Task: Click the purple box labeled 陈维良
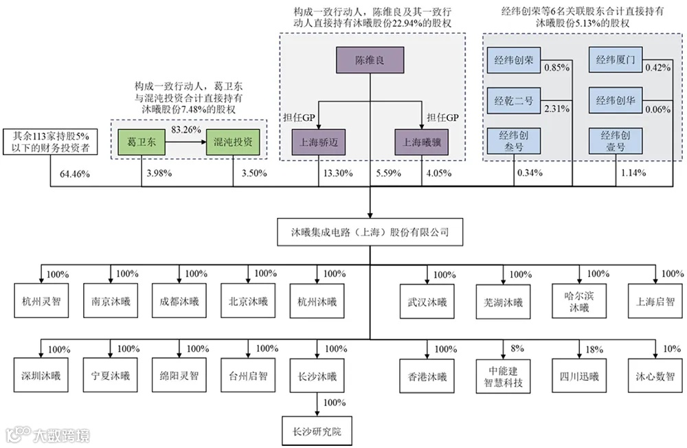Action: tap(370, 60)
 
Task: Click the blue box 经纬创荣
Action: tap(514, 60)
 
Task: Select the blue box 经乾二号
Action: tap(514, 100)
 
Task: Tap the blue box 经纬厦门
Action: tap(616, 60)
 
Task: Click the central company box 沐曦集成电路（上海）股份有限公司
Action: tap(370, 232)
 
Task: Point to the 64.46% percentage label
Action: tap(75, 174)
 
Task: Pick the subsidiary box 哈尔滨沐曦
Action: tap(574, 302)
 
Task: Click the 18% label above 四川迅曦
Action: tap(591, 349)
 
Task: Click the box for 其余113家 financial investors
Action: tap(51, 142)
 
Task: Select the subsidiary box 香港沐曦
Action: tap(427, 377)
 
